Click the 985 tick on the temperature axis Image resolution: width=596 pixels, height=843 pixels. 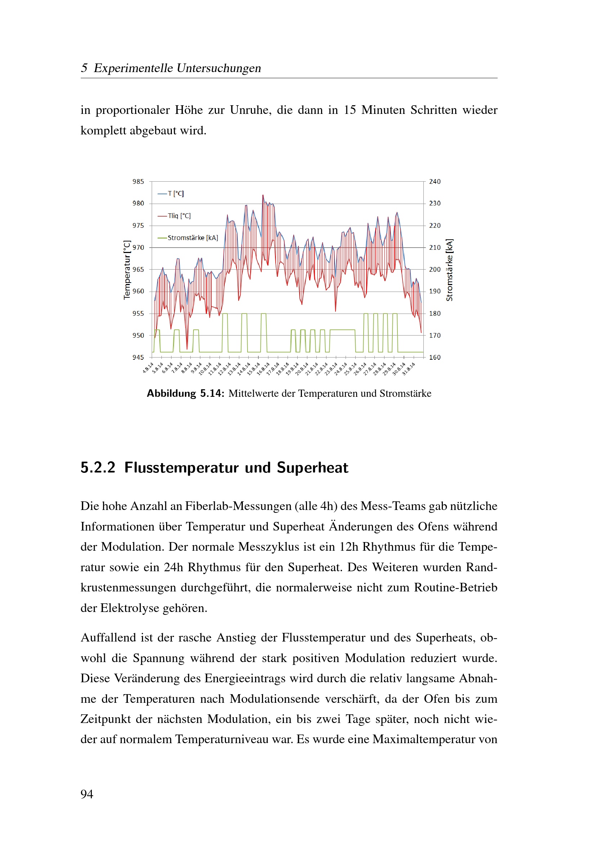tap(138, 182)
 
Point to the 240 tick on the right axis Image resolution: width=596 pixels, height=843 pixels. tap(435, 182)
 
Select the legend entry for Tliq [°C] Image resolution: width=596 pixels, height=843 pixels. tap(179, 216)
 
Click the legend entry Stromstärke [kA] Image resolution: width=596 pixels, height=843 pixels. tap(193, 238)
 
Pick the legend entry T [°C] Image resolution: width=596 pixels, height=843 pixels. tap(176, 194)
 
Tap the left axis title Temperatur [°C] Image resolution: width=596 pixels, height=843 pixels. tap(127, 270)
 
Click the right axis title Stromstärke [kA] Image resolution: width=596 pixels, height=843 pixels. tap(449, 270)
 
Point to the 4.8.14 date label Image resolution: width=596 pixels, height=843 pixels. tap(148, 368)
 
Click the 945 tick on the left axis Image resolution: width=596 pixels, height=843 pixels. tap(138, 357)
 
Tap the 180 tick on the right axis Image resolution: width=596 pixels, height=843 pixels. tap(435, 314)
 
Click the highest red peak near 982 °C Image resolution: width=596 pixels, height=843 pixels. tap(263, 195)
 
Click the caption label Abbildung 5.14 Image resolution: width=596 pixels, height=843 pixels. tap(185, 394)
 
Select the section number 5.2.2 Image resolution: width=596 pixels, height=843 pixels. tap(98, 468)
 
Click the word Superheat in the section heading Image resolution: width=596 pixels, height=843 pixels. tap(312, 468)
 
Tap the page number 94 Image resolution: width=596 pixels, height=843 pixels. tap(87, 794)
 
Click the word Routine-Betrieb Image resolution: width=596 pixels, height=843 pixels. tap(455, 587)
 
